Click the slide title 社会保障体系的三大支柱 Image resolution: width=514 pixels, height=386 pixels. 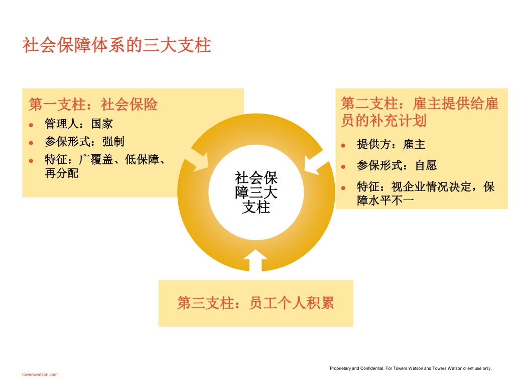point(116,45)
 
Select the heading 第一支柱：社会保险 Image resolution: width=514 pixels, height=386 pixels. point(93,104)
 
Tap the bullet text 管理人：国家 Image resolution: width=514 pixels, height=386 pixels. point(79,124)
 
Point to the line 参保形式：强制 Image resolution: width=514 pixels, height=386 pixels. point(84,141)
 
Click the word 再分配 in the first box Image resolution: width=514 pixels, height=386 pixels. point(62,174)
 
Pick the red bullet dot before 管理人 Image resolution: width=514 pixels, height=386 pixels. point(31,124)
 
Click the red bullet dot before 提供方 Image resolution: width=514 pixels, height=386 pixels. point(343,145)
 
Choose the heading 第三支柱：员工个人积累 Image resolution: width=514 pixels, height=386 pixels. point(255,303)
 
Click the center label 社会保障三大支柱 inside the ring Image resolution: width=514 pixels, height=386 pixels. point(256,192)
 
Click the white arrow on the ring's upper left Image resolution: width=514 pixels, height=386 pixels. point(198,159)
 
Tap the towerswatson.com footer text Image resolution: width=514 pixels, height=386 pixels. point(40,374)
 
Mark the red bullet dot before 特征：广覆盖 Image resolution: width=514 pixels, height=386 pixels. point(31,160)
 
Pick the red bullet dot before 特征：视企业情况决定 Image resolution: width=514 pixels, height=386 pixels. point(343,187)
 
